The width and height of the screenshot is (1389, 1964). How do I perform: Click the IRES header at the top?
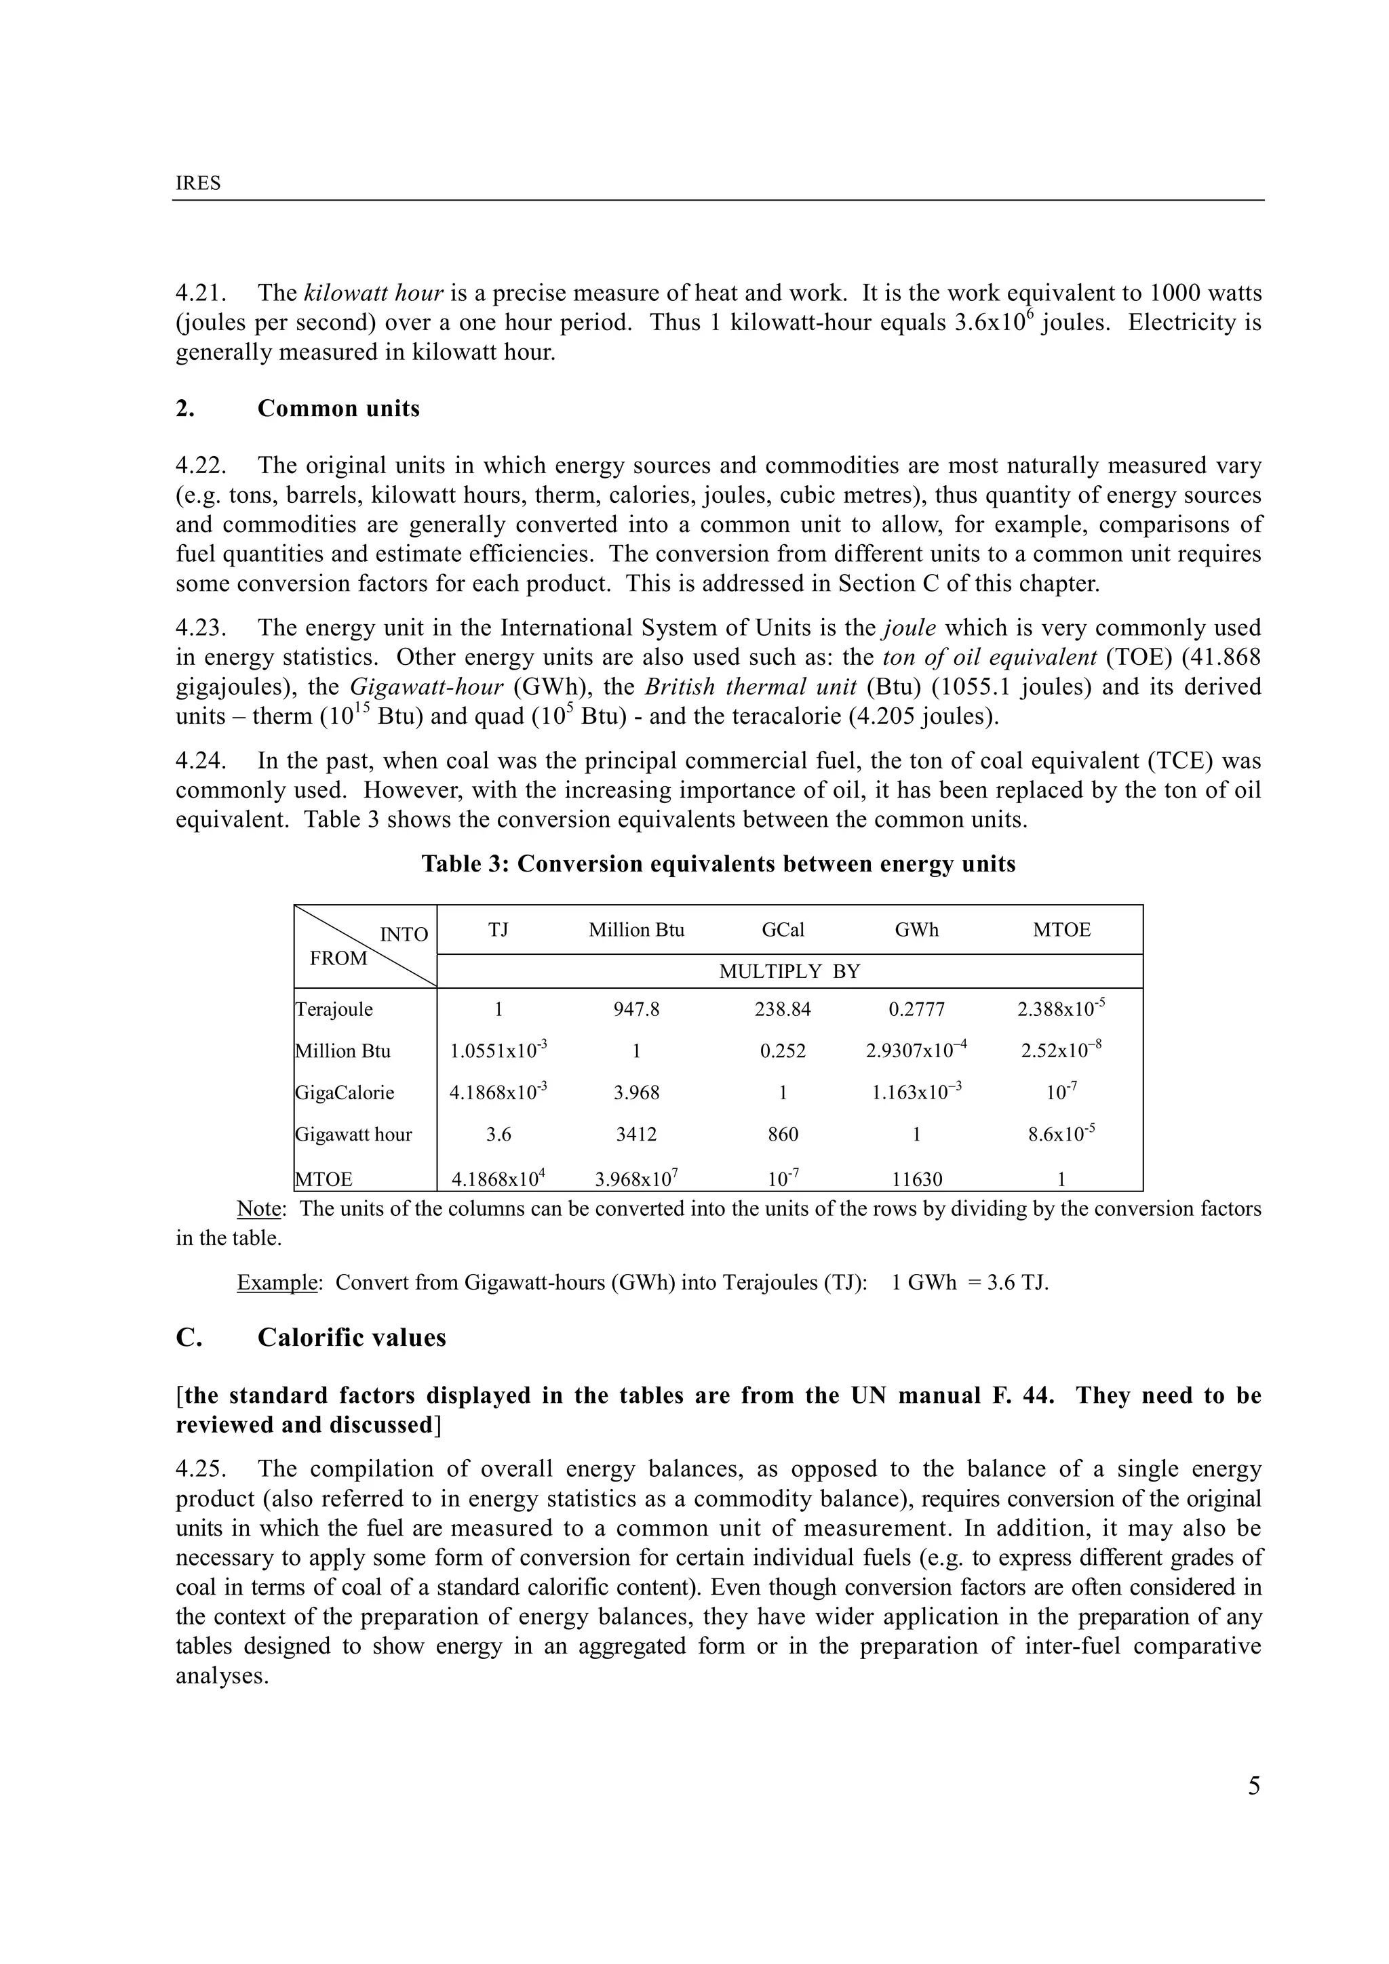[x=197, y=183]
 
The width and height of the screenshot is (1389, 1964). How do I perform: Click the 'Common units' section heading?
[x=338, y=409]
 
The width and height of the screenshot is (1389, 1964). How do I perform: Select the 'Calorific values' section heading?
[x=352, y=1338]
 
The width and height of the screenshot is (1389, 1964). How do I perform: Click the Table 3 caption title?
[x=718, y=864]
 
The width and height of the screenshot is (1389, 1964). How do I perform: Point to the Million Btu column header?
[x=636, y=930]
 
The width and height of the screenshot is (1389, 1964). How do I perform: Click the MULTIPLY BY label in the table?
[x=789, y=972]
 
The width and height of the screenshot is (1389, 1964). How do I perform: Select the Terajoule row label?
[x=334, y=1009]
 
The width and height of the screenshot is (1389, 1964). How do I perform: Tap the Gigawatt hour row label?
[x=353, y=1135]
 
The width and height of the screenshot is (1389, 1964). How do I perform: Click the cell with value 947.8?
[x=636, y=1009]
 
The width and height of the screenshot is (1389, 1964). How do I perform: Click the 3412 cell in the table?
[x=636, y=1135]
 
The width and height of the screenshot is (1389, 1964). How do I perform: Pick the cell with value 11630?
[x=916, y=1180]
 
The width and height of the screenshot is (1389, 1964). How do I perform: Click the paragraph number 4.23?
[x=200, y=628]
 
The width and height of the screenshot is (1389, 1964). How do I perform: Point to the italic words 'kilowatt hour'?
[x=373, y=293]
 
